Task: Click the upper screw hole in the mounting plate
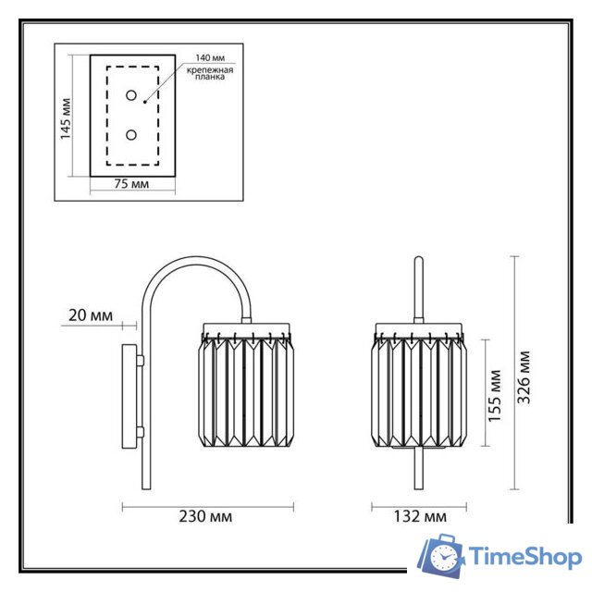131,96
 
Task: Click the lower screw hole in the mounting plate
131,135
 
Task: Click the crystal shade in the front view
420,388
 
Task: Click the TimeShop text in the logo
525,557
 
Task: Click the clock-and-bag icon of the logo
442,556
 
